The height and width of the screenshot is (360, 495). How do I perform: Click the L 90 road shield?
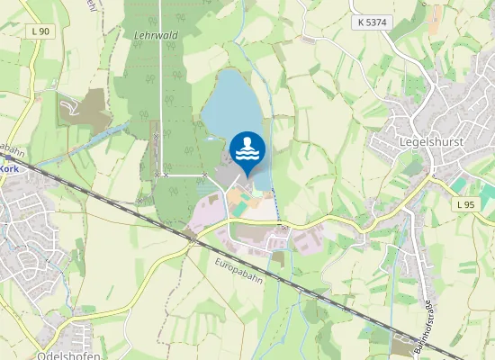tap(40, 31)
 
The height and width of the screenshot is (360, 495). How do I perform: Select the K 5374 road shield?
tap(372, 22)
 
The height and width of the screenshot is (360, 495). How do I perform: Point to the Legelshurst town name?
tap(434, 142)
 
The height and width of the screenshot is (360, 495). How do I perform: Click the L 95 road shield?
tap(464, 205)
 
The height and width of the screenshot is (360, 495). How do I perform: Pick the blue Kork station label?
tap(9, 168)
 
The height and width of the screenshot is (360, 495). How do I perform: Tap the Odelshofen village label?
tap(68, 355)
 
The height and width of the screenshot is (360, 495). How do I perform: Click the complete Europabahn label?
tap(238, 267)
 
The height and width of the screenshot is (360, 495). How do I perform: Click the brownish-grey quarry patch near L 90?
tap(83, 111)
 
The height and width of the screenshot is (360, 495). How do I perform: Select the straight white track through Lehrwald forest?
tap(161, 90)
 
